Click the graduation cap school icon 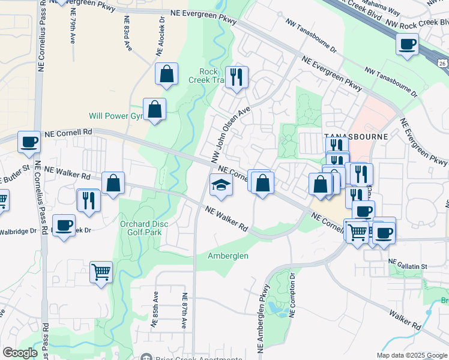click(221, 185)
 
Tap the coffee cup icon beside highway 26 click(408, 44)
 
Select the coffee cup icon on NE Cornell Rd click(29, 142)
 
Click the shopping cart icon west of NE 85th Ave click(101, 271)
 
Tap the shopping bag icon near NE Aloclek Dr click(167, 74)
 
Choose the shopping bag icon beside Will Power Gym click(154, 110)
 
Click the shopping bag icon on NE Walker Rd click(113, 184)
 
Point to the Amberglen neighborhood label click(228, 256)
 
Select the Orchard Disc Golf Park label click(143, 228)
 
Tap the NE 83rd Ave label click(128, 38)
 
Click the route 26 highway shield click(442, 63)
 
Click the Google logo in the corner click(20, 353)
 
